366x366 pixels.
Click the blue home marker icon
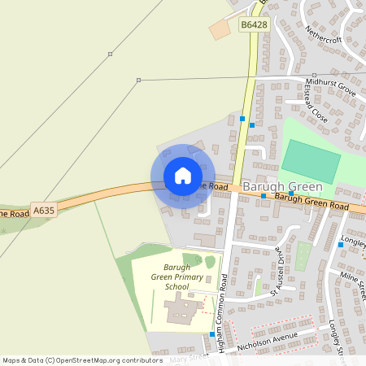(182, 176)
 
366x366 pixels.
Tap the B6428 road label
(254, 25)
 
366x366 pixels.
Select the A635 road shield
(44, 210)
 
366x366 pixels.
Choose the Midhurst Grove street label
(331, 84)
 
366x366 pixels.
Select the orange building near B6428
(220, 30)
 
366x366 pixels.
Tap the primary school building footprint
(181, 311)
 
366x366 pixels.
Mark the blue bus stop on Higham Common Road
(212, 333)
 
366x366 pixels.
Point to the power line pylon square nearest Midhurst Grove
(139, 80)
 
